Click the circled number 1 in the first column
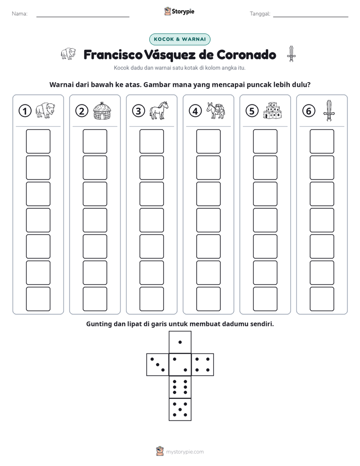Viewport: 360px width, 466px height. coord(25,111)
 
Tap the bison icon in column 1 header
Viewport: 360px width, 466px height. coord(45,110)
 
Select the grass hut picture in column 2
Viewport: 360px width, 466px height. coord(102,111)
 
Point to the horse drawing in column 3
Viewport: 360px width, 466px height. coord(159,110)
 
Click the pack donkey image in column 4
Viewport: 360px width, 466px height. coord(216,110)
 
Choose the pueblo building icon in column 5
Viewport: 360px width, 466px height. coord(272,110)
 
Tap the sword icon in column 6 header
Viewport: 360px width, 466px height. coord(329,110)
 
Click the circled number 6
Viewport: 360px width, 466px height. coord(309,111)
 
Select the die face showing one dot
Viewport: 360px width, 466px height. coord(180,342)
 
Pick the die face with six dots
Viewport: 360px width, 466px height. coord(180,387)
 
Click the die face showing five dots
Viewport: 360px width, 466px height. coord(180,410)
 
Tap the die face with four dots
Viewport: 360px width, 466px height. coord(203,365)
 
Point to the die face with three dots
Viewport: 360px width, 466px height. coord(158,365)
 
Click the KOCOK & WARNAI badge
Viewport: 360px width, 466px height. coord(179,39)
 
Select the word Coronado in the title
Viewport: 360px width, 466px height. coord(246,54)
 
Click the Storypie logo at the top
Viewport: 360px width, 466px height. coord(179,12)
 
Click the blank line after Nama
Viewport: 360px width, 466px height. coord(83,17)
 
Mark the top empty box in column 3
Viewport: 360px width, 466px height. coord(152,141)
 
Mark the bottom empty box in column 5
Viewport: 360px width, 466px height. coord(265,299)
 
